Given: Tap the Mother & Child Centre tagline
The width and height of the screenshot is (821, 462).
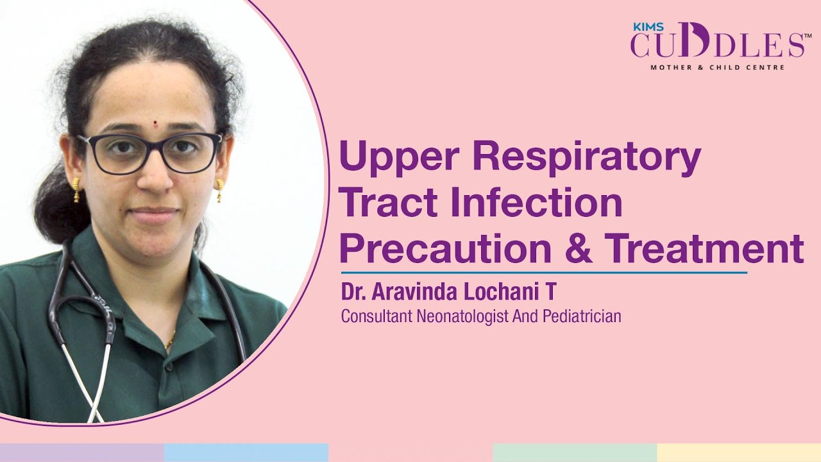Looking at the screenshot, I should click(x=717, y=67).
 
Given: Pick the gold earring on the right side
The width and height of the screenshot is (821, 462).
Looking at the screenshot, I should click(x=220, y=190).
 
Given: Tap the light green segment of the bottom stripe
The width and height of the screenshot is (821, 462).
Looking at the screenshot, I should click(x=575, y=452).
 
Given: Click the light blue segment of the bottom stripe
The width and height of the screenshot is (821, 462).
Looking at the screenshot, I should click(x=246, y=452).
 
